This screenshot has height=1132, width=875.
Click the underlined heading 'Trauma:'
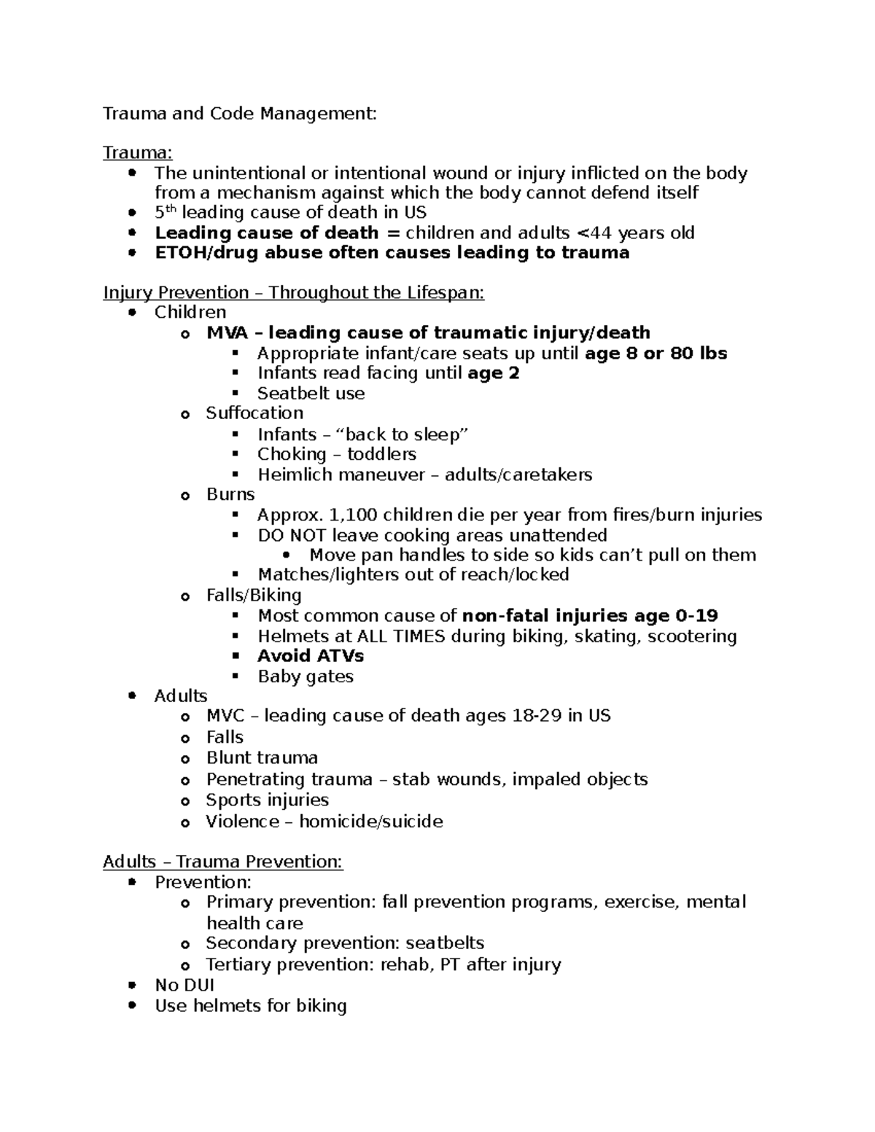pyautogui.click(x=138, y=152)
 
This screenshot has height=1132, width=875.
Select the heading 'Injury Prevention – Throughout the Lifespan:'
pyautogui.click(x=293, y=292)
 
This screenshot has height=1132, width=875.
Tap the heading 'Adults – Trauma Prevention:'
pyautogui.click(x=222, y=862)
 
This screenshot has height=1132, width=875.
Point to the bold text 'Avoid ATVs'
pyautogui.click(x=311, y=655)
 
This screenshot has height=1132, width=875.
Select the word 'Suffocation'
pyautogui.click(x=254, y=413)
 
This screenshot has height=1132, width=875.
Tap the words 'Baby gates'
pyautogui.click(x=306, y=676)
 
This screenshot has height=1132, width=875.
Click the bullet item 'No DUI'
pyautogui.click(x=184, y=985)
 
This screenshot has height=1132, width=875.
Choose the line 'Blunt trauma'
pyautogui.click(x=262, y=758)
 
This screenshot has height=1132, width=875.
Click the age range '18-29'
pyautogui.click(x=537, y=716)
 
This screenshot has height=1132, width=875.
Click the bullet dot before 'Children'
pyautogui.click(x=131, y=313)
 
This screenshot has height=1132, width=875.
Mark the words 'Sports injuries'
pyautogui.click(x=267, y=800)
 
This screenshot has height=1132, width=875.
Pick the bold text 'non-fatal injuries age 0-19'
pyautogui.click(x=590, y=616)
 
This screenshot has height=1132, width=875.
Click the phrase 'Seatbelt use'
pyautogui.click(x=311, y=394)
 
